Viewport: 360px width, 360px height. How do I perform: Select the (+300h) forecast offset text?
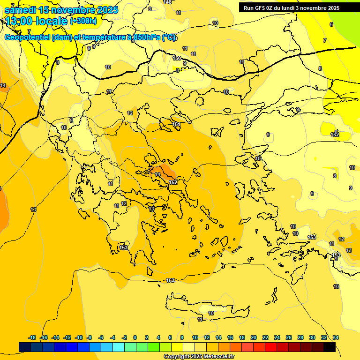coord(83,21)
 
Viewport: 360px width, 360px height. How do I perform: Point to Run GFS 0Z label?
coord(261,7)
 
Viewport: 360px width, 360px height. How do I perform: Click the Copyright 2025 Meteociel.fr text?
coord(199,356)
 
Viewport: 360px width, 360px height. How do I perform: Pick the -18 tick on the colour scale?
coord(32,337)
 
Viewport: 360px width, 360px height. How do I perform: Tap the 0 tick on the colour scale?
coord(135,337)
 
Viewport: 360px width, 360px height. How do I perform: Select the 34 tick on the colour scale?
coord(336,337)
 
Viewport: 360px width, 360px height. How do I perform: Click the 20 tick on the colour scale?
coord(253,337)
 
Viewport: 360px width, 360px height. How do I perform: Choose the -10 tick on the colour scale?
coord(79,337)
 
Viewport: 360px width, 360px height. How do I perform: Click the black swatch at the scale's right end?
coord(330,347)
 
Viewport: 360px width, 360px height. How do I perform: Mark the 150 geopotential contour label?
coord(177,58)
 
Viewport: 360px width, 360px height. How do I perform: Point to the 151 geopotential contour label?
coord(177,124)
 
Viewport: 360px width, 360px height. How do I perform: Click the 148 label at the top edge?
coord(167,2)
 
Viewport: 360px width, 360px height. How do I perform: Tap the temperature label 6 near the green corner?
coord(331,24)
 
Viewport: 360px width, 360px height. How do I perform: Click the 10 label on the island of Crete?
coord(211,313)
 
